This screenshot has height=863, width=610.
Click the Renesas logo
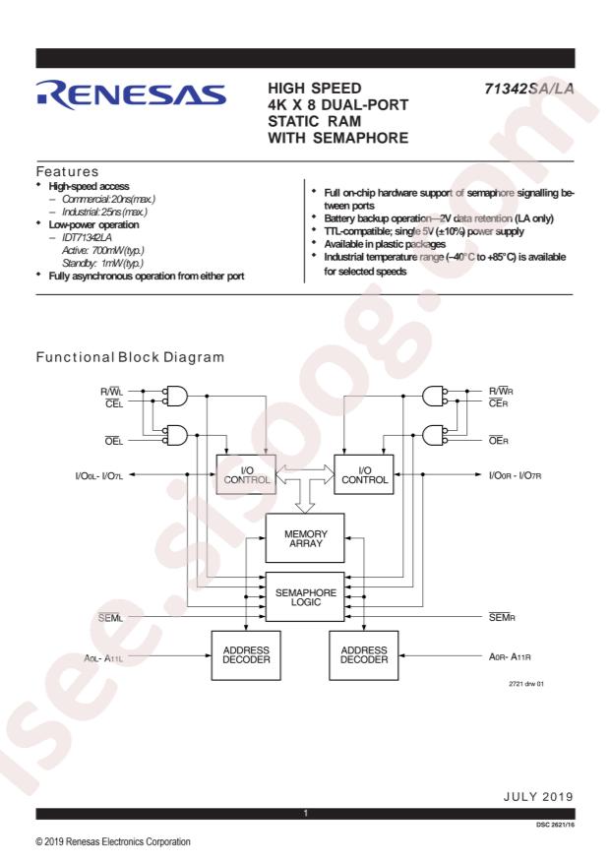(131, 94)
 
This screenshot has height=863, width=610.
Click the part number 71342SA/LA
(528, 89)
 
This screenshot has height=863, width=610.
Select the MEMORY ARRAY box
(305, 538)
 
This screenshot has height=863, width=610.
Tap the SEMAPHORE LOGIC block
(305, 597)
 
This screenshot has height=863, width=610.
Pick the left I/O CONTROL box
(246, 474)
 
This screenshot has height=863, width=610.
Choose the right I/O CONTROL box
(364, 474)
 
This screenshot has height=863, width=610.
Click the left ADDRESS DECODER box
(246, 655)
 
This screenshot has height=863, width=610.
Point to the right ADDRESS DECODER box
(364, 655)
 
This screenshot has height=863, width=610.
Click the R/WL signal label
(111, 392)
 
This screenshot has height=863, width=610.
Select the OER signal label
(499, 440)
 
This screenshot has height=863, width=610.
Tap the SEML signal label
(110, 618)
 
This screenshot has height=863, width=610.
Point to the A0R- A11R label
(510, 656)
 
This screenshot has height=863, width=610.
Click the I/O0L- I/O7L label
(99, 475)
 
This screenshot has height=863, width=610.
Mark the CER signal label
(499, 403)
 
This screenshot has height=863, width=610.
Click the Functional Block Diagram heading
(130, 357)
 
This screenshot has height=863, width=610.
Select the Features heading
(67, 171)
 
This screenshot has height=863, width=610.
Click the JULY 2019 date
(538, 796)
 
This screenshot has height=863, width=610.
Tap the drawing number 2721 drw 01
(526, 684)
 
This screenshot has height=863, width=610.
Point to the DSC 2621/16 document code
(555, 825)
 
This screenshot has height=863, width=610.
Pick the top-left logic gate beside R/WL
(176, 397)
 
